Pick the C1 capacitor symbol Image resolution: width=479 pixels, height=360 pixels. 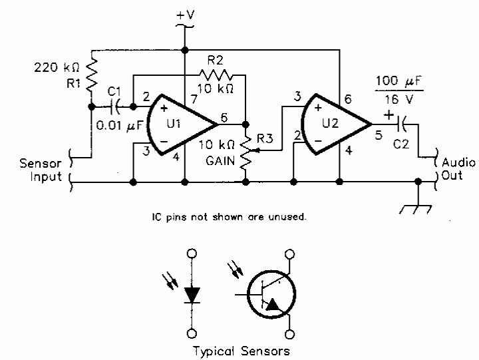tap(118, 105)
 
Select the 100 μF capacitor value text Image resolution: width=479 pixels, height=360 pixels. tap(399, 81)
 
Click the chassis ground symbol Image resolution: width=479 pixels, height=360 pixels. tap(417, 209)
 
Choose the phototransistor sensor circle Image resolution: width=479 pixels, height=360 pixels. tap(271, 295)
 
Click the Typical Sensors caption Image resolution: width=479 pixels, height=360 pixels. tap(241, 351)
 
